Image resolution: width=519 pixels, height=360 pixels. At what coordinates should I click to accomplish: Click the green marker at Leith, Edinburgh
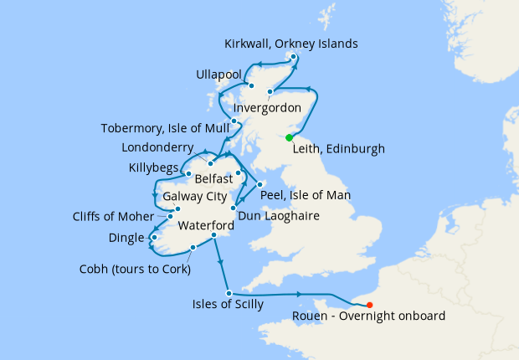[289, 138]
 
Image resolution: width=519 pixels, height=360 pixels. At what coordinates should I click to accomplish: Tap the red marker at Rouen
[370, 305]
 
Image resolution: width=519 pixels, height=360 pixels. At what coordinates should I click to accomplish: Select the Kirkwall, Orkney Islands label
[291, 44]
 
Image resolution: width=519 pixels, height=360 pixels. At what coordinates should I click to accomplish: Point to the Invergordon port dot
[270, 92]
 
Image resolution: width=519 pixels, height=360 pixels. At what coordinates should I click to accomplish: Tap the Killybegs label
[153, 167]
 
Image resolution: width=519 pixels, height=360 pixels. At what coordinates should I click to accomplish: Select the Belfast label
[213, 179]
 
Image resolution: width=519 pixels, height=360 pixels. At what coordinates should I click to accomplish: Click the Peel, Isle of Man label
[305, 195]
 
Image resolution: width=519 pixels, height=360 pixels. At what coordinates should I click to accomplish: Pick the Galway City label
[194, 197]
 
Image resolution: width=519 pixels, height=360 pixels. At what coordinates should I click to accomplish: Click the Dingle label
[126, 238]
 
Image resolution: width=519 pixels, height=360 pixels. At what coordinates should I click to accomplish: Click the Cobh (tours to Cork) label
[135, 270]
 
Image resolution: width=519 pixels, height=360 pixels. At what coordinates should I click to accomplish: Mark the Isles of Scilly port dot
[229, 292]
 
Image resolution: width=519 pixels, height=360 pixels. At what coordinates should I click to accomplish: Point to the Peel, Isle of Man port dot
[260, 184]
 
